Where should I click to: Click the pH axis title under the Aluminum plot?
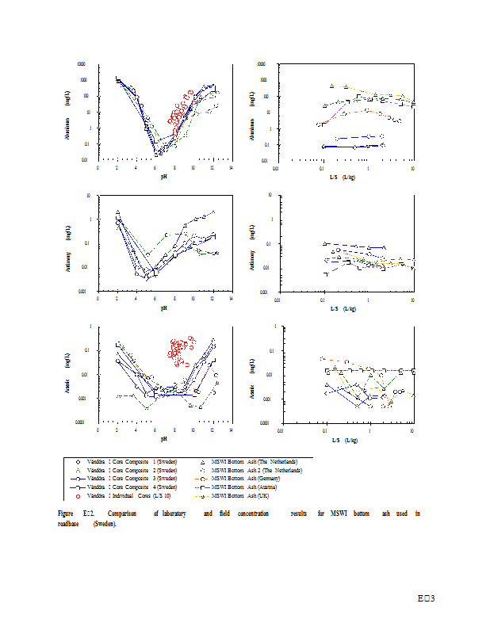pyautogui.click(x=163, y=175)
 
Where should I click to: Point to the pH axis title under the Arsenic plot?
pyautogui.click(x=163, y=438)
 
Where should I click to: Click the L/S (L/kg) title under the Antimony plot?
pyautogui.click(x=343, y=307)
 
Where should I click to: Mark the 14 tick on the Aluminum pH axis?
pyautogui.click(x=231, y=167)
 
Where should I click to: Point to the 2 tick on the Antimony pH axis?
pyautogui.click(x=117, y=299)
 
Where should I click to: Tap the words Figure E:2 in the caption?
pyautogui.click(x=77, y=514)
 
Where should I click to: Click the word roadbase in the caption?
pyautogui.click(x=71, y=524)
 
